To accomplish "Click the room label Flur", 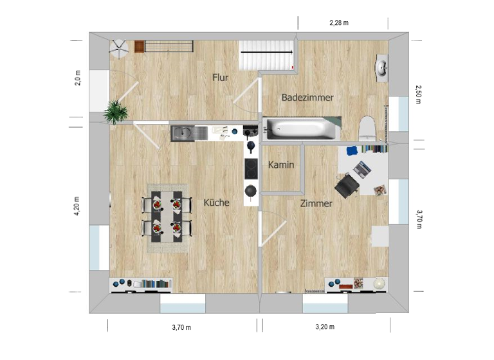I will coord(221,78).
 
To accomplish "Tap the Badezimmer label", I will coord(307,98).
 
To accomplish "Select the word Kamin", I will coord(281,165).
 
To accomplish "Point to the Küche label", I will coord(216,203).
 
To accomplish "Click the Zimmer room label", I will coord(316,204).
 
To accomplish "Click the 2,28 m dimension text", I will coord(338,22).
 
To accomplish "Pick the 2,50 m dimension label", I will coord(417,96).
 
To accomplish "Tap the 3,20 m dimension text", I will coord(325,327).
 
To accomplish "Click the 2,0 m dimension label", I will coord(78,78).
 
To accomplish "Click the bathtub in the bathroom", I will coord(302,129).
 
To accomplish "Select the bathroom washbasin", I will coord(381,66).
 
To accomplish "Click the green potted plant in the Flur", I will coord(116,111).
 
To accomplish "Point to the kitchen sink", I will coord(182,133).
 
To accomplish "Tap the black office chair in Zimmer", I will coord(347,184).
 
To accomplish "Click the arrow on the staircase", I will coord(267,52).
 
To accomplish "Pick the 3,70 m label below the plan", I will coord(181,327).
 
